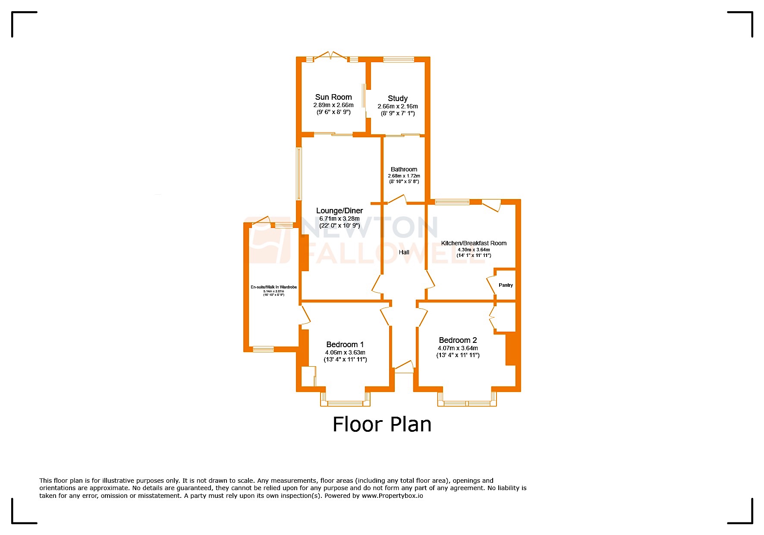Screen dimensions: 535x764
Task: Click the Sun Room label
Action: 333,97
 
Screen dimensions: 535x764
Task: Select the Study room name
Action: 397,98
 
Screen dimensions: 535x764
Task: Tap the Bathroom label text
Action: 404,169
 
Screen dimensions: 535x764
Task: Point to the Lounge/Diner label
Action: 339,211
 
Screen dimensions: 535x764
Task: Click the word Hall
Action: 404,252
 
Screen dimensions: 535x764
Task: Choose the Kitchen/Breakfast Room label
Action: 473,243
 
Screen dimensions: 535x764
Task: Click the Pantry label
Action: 506,285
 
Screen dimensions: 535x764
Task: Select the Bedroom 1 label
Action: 345,345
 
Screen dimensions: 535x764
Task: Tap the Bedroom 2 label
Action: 458,340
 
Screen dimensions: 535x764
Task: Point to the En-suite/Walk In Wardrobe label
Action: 274,287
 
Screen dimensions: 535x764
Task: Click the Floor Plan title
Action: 382,424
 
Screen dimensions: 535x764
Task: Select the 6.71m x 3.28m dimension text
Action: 339,218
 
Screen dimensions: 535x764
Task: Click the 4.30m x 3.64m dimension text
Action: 473,250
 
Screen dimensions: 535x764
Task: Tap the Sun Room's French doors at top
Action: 330,56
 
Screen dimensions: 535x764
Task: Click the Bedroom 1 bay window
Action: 345,403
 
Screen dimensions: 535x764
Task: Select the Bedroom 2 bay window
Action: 467,403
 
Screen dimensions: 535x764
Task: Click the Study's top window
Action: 399,60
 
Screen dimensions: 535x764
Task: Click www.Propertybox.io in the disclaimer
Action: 392,496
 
